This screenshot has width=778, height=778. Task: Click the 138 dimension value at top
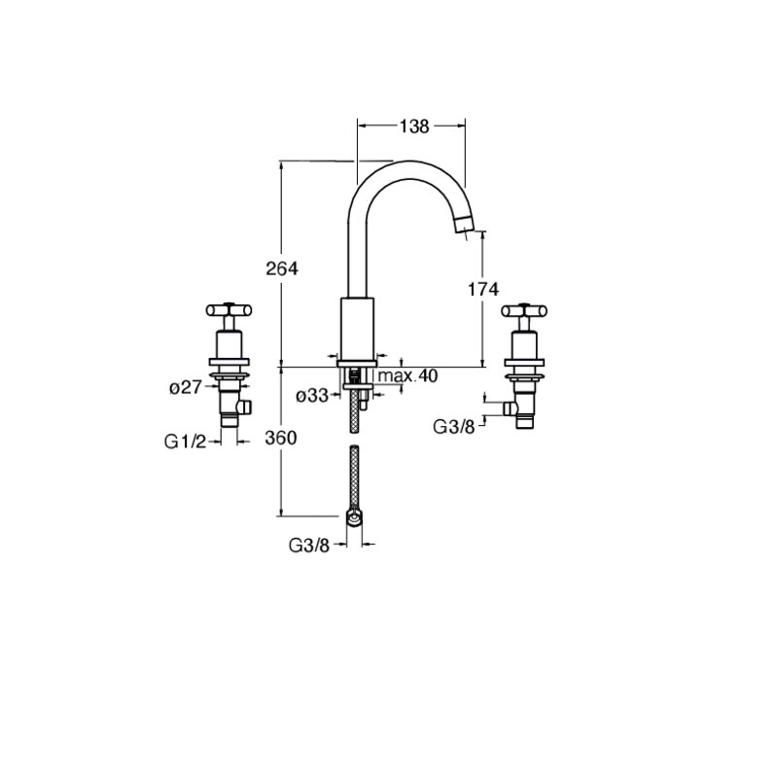pyautogui.click(x=414, y=126)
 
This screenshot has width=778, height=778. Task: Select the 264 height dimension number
pyautogui.click(x=282, y=268)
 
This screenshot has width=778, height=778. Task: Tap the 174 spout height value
pyautogui.click(x=483, y=289)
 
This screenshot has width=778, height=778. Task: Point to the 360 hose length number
pyautogui.click(x=281, y=439)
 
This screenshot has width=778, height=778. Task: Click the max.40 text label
pyautogui.click(x=407, y=376)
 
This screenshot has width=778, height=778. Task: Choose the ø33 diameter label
pyautogui.click(x=312, y=396)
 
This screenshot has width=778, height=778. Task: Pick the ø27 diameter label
pyautogui.click(x=186, y=387)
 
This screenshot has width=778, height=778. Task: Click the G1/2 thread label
pyautogui.click(x=185, y=442)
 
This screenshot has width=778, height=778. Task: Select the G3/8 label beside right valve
pyautogui.click(x=454, y=426)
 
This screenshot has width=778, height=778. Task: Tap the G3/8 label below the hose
pyautogui.click(x=309, y=546)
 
